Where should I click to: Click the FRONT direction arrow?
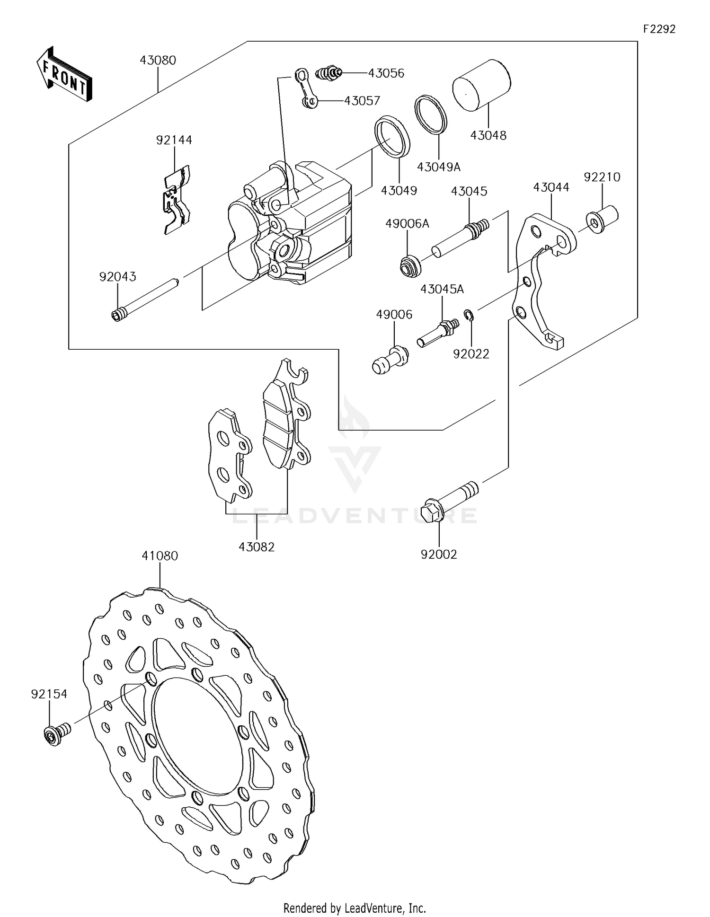coord(64,74)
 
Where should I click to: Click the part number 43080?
coord(158,61)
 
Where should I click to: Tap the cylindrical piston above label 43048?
coord(481,86)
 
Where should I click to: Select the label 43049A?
coord(438,167)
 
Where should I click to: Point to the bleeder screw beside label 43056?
coord(328,73)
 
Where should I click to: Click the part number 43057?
coord(362,101)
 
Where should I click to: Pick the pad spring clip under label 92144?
coord(177,199)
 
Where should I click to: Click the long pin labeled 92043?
coord(145,298)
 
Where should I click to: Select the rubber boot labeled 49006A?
coord(409,265)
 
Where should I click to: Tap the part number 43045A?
coord(442,289)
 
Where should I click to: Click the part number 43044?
coord(551,187)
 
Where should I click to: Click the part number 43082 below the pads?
coord(257,547)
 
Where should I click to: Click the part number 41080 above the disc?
coord(160,556)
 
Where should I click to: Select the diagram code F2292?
coord(659,29)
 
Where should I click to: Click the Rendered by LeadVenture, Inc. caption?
coord(355,908)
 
